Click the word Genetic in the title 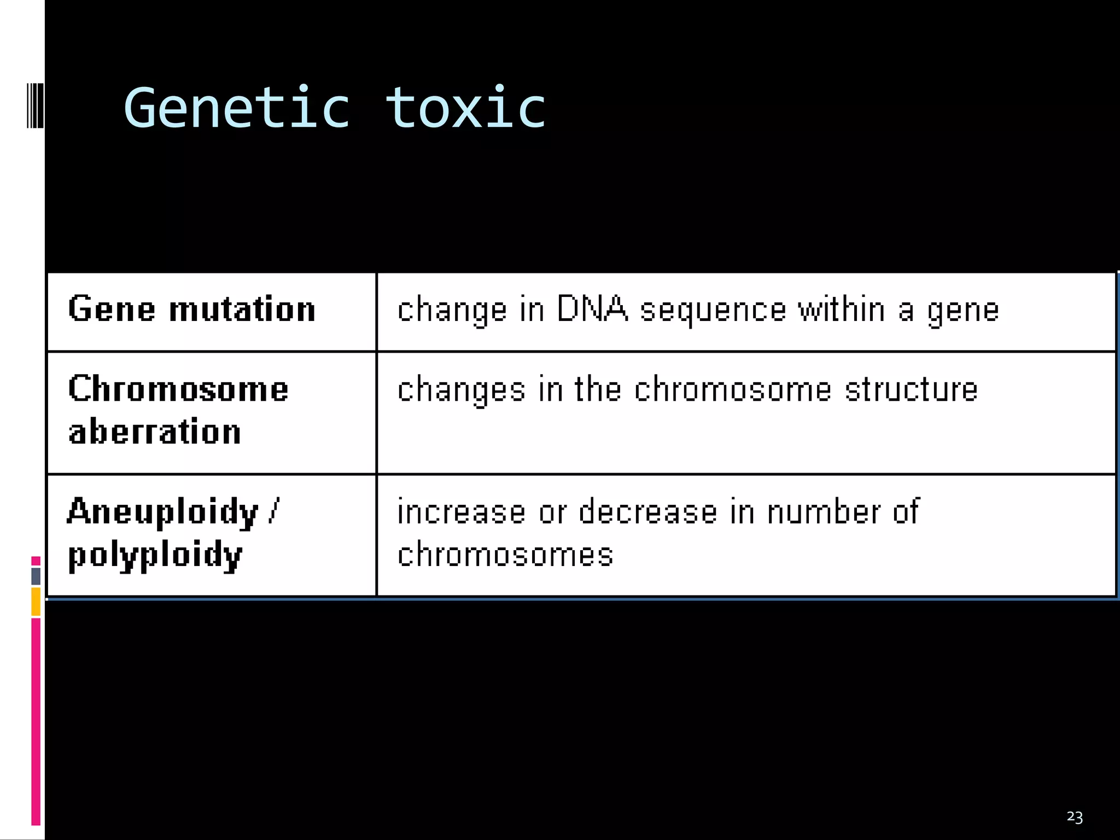(236, 108)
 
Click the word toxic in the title (465, 108)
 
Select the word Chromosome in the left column (178, 389)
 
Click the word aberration (155, 432)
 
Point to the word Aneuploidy (162, 512)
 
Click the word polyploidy (155, 555)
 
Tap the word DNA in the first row (592, 309)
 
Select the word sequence (713, 310)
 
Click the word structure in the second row (911, 389)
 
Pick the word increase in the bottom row (461, 512)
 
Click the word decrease (647, 512)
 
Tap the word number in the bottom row (824, 512)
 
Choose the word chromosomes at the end (505, 555)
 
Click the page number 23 (1074, 817)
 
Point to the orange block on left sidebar (36, 602)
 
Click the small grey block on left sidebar (36, 576)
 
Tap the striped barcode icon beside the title (35, 105)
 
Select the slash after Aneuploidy (273, 511)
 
